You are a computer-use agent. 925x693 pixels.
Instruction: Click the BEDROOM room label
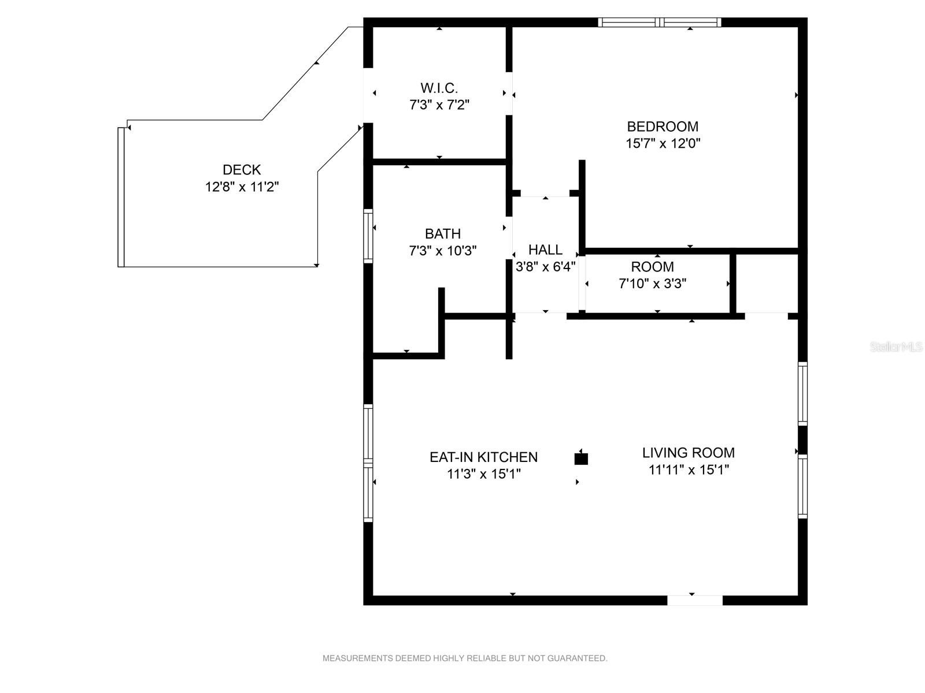pos(663,126)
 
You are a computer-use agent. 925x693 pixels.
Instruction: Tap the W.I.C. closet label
pos(439,88)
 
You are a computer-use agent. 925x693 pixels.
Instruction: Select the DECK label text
pos(242,170)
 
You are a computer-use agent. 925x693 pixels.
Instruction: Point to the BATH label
pos(442,233)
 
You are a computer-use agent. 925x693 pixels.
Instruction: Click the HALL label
pos(545,249)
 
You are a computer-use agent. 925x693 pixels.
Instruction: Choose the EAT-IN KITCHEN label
pos(483,457)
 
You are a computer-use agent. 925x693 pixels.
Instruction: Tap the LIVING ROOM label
pos(688,453)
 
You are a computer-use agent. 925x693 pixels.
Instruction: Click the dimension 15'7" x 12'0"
pos(663,143)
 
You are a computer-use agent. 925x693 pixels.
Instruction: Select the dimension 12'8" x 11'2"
pos(242,187)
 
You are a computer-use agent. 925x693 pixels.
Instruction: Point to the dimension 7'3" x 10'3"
pos(442,251)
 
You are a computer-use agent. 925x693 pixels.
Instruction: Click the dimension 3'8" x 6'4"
pos(545,267)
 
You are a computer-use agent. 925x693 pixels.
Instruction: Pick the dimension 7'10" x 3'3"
pos(652,284)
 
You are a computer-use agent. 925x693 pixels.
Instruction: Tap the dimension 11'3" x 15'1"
pos(483,474)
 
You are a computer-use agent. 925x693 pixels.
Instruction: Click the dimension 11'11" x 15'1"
pos(689,470)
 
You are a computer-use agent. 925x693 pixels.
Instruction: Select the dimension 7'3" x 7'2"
pos(439,105)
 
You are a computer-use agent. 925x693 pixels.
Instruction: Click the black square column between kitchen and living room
pos(581,459)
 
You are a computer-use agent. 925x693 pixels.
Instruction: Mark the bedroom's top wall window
pos(660,23)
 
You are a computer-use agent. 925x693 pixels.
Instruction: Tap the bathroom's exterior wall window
pos(368,236)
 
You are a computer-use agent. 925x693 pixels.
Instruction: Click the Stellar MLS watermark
pos(896,346)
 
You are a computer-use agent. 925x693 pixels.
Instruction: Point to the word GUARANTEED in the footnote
pos(577,658)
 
